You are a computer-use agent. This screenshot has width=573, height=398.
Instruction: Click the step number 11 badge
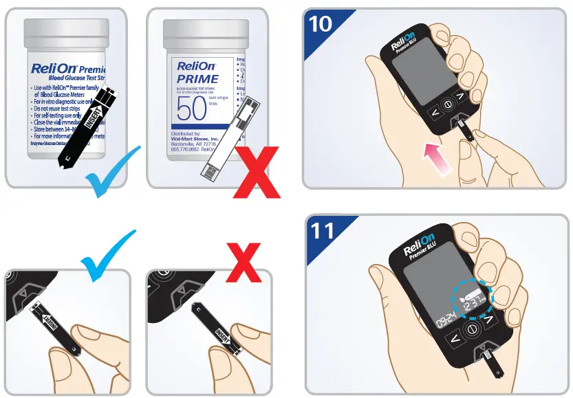coord(321,230)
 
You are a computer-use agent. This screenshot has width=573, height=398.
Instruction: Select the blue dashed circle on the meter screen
coord(473,299)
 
